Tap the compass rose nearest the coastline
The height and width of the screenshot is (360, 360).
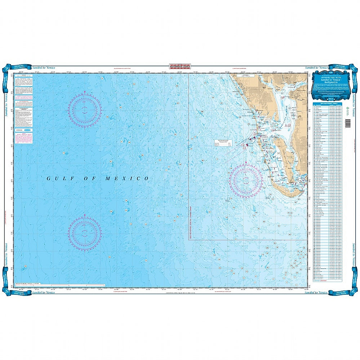point(246,179)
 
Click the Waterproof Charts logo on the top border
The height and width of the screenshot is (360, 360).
point(180,66)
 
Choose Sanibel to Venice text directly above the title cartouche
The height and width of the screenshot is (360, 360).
point(316,67)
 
